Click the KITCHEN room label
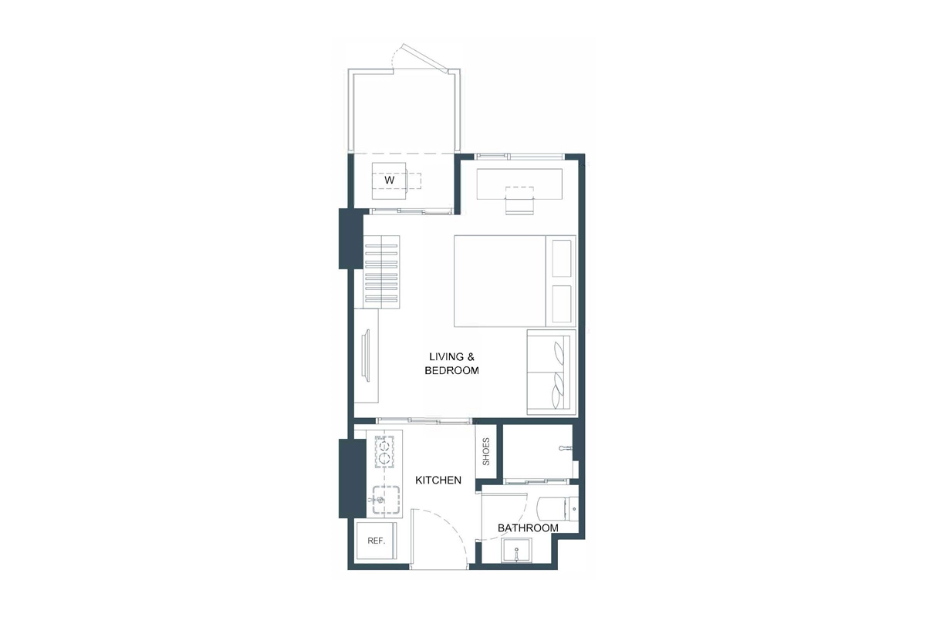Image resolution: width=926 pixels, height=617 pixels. click(x=438, y=480)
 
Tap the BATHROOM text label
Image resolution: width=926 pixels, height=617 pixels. click(x=528, y=528)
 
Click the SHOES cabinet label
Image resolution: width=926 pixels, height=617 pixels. click(x=486, y=452)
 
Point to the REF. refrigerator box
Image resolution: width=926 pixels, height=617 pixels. click(x=377, y=541)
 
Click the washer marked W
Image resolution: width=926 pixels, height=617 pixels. click(x=390, y=180)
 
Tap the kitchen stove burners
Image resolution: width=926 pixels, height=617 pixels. click(x=385, y=453)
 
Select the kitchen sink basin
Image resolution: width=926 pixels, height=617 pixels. click(x=384, y=500)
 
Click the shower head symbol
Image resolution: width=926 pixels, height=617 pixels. click(x=564, y=448)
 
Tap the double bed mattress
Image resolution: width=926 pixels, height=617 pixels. click(x=500, y=281)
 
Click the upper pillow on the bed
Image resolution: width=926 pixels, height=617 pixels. click(x=563, y=258)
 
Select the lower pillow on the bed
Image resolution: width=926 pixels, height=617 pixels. click(x=563, y=304)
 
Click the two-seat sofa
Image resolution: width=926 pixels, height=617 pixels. click(x=552, y=373)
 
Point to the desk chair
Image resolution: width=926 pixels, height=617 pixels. click(x=519, y=204)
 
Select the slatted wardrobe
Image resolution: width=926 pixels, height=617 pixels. click(x=381, y=272)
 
